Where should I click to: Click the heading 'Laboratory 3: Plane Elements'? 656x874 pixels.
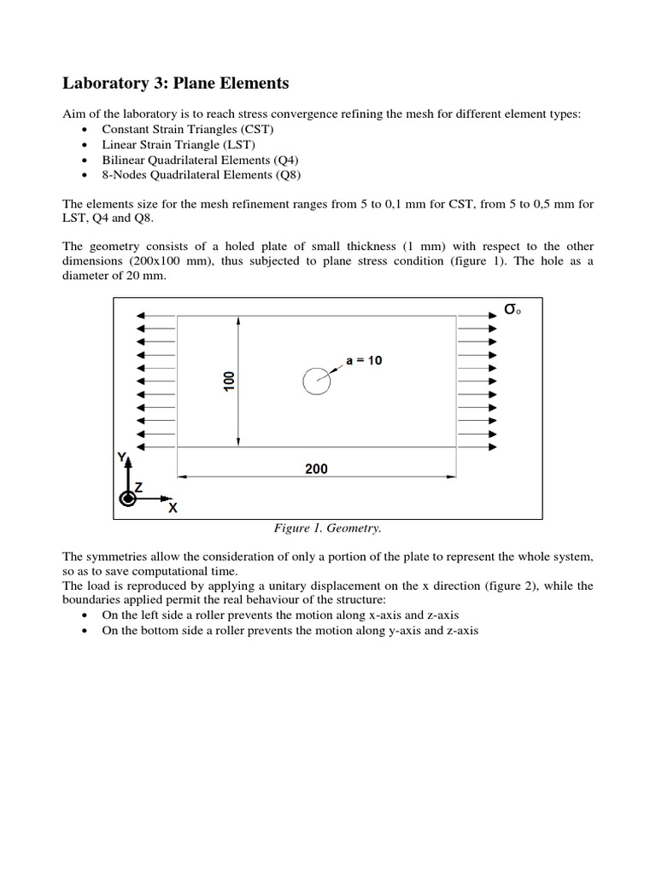click(x=176, y=84)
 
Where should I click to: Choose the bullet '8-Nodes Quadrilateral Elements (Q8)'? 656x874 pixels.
click(x=201, y=175)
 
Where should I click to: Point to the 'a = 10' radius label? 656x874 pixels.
click(x=365, y=361)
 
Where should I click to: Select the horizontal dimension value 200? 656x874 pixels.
click(x=315, y=469)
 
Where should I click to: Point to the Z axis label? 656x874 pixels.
click(x=138, y=486)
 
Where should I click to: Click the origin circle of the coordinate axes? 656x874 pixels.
click(x=128, y=498)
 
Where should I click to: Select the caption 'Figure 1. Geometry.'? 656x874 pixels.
click(x=327, y=528)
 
